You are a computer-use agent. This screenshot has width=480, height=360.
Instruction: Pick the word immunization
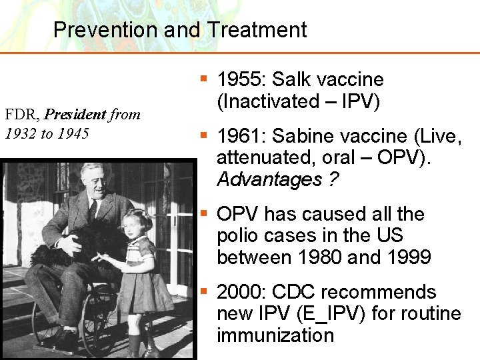[x=275, y=335]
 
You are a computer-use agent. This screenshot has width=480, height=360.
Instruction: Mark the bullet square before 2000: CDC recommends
[x=204, y=291]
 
